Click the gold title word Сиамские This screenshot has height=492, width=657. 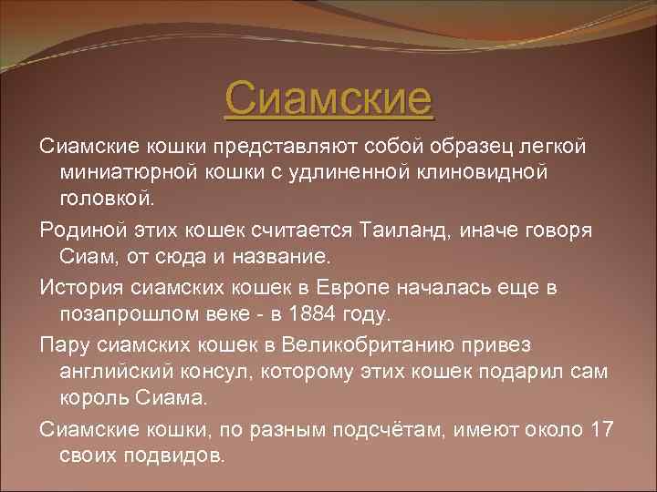(328, 98)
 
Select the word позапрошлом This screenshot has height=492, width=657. (129, 314)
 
